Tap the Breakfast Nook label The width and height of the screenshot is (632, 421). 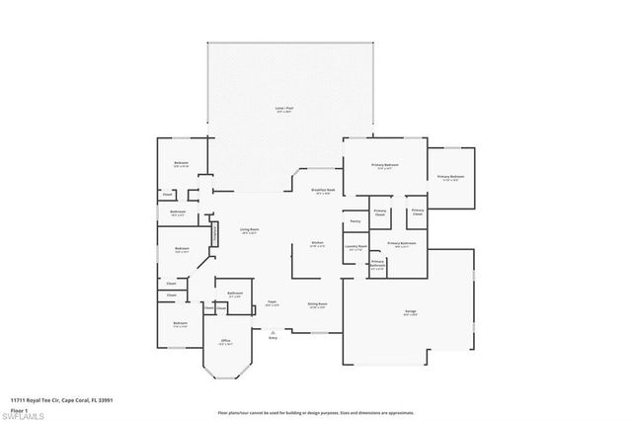(x=323, y=191)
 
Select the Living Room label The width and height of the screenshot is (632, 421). (x=248, y=231)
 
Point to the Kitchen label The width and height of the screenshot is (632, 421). (x=318, y=244)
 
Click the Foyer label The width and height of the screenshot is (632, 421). (x=273, y=303)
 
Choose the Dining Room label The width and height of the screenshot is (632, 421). (x=317, y=304)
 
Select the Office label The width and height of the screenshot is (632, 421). (x=225, y=342)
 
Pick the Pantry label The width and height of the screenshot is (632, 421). (x=355, y=221)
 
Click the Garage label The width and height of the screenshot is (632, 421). (x=410, y=312)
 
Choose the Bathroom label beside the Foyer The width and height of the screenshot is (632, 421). (x=235, y=294)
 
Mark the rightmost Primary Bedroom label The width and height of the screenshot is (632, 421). (x=450, y=178)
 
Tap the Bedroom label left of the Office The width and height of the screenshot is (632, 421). (x=180, y=324)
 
